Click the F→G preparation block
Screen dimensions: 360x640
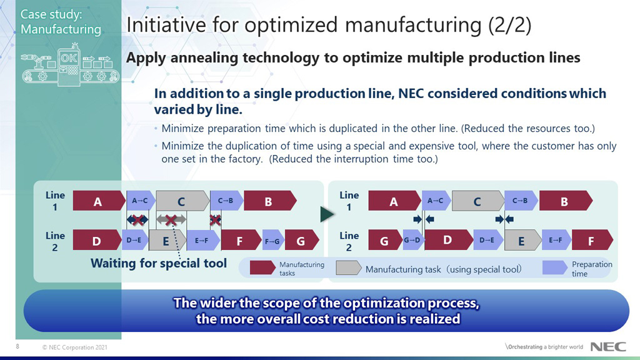point(272,241)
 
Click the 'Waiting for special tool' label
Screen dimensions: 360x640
point(159,263)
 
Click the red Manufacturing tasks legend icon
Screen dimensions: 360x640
point(262,268)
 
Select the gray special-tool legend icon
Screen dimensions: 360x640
point(348,268)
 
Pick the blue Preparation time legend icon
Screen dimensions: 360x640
point(554,268)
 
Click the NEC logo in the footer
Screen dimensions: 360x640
point(604,347)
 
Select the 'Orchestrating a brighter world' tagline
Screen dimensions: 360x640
point(544,347)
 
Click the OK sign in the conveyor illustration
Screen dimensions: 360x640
point(68,59)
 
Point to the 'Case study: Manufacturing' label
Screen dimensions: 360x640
point(60,21)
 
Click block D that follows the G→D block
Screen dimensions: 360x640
point(447,241)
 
